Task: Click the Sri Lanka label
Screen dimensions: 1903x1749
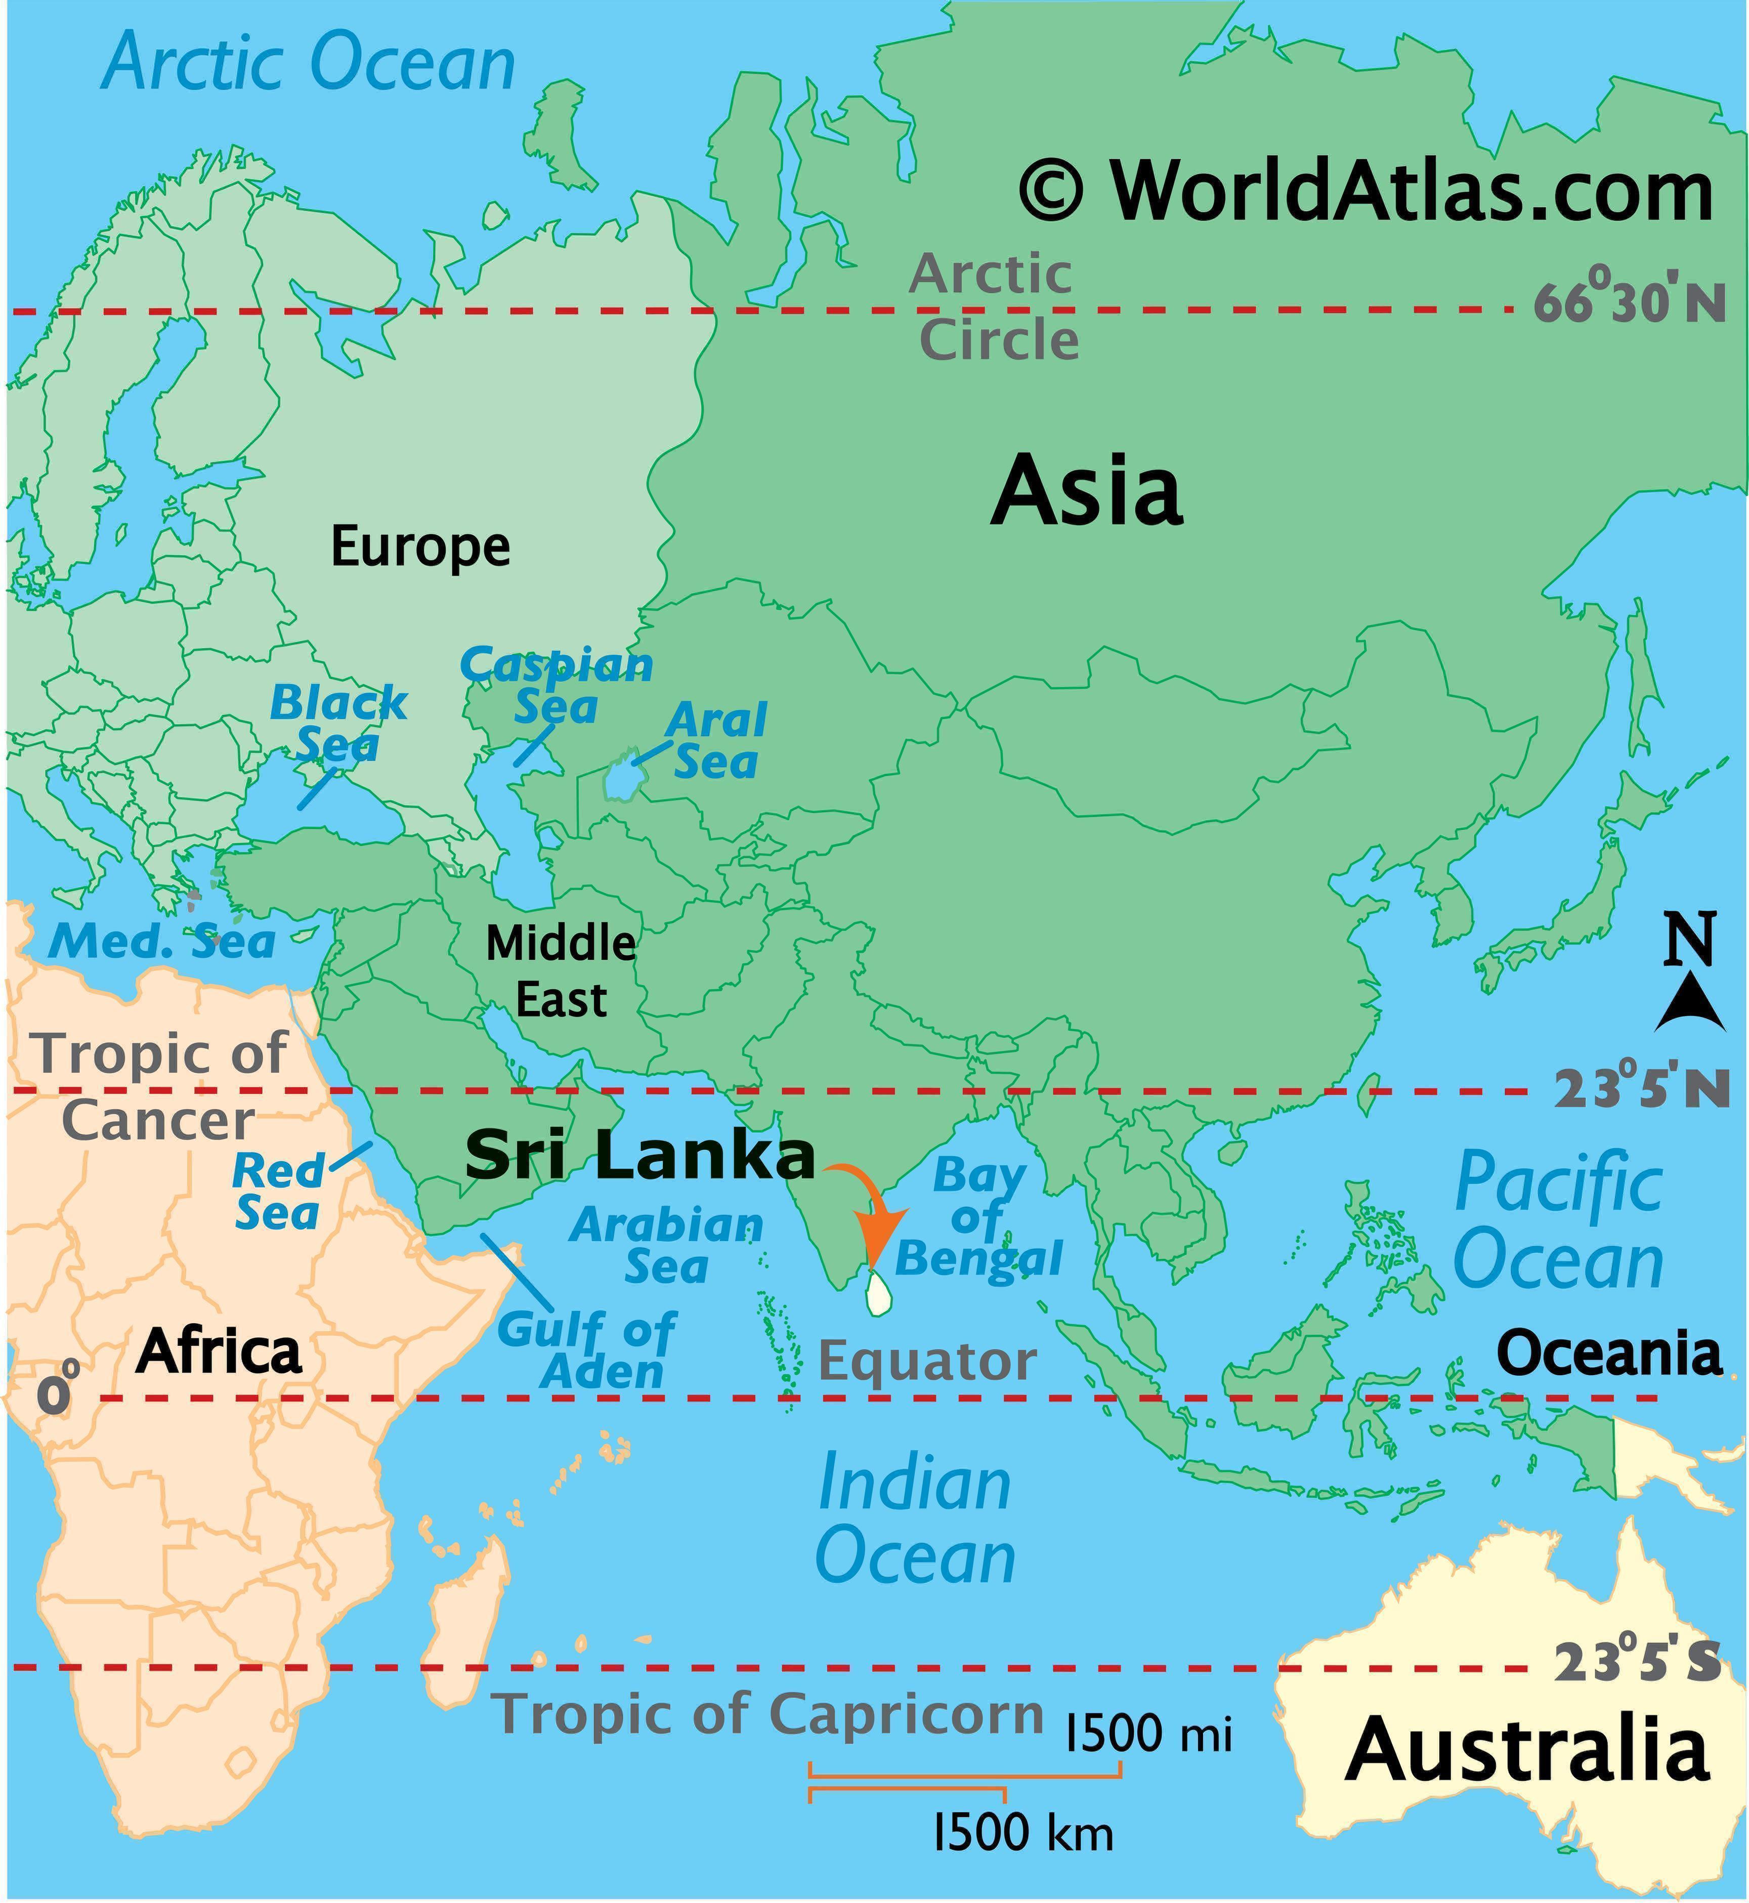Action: coord(640,1156)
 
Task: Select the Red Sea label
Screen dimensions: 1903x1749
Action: coord(277,1192)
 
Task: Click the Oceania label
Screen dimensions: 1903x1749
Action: coord(1608,1352)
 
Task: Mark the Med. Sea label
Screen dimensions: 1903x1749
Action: coord(162,942)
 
